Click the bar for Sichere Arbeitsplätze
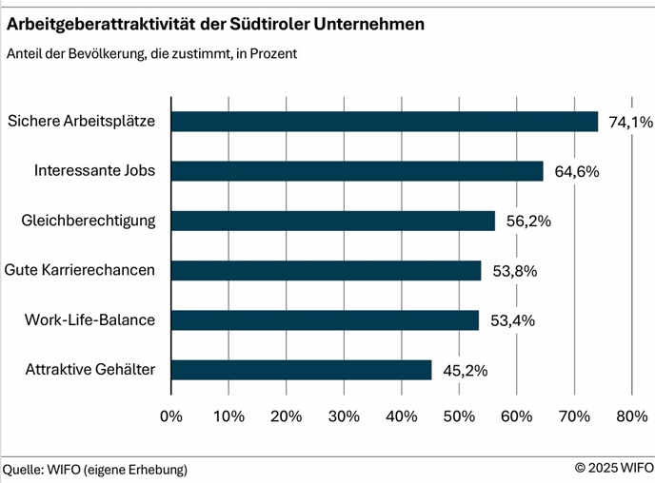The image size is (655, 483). click(385, 122)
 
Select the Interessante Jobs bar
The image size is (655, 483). click(357, 171)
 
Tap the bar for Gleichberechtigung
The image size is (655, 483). click(333, 221)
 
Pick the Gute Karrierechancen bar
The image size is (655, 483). click(326, 271)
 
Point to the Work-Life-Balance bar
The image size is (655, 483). click(325, 320)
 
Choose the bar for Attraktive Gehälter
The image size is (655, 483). click(301, 370)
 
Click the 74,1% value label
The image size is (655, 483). click(628, 122)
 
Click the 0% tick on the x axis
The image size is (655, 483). click(171, 415)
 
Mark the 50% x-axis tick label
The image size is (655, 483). click(460, 415)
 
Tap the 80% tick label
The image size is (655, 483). click(632, 415)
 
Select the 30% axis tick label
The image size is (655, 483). click(345, 415)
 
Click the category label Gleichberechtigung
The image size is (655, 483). click(89, 221)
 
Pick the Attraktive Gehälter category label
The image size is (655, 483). click(90, 370)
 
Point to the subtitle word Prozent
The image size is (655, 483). click(273, 54)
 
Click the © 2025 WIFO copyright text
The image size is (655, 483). click(614, 469)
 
